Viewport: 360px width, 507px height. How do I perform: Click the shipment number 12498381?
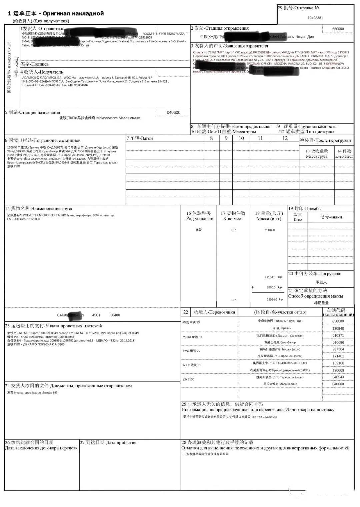315,18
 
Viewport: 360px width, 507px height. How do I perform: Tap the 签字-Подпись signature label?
34,64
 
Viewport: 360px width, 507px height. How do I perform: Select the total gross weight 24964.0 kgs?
275,300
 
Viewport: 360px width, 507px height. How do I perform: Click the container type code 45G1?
96,315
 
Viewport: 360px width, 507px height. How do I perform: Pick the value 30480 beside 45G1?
115,315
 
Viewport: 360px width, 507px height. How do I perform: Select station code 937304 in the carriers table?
338,349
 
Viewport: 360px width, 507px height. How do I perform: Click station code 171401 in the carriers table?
338,356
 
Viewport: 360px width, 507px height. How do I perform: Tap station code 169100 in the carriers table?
338,363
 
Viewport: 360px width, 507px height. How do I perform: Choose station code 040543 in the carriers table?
338,377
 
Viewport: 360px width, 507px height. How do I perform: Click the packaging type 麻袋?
199,230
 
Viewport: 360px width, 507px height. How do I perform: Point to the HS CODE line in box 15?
23,219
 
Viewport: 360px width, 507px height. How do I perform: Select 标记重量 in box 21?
321,303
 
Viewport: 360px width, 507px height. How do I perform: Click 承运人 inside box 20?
321,282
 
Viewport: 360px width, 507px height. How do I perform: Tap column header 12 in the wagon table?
285,138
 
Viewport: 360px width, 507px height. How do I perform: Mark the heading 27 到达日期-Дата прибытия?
108,443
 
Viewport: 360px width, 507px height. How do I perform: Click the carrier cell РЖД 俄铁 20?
191,351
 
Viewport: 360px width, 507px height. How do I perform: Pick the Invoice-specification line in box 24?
32,393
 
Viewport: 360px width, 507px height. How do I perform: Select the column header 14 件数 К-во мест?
344,154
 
